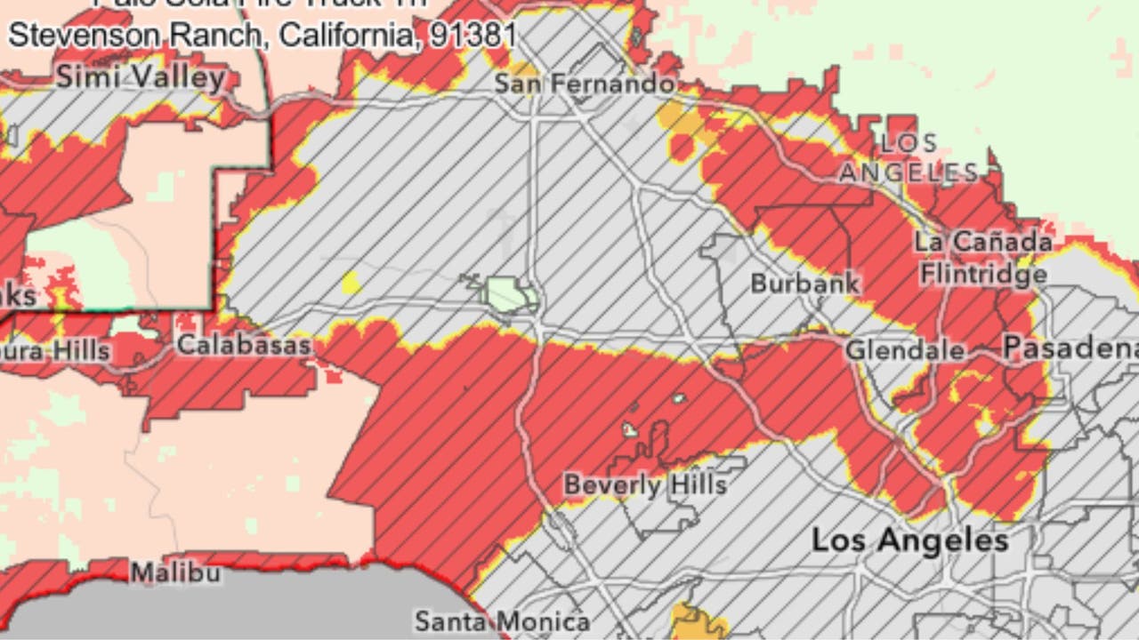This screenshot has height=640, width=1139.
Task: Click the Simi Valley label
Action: pyautogui.click(x=141, y=77)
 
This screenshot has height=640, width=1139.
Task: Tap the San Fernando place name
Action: pyautogui.click(x=584, y=84)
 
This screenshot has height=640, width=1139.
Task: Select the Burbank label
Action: pyautogui.click(x=805, y=284)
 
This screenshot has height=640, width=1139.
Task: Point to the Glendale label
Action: pyautogui.click(x=905, y=350)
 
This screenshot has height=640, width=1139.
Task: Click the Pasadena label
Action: pyautogui.click(x=1070, y=348)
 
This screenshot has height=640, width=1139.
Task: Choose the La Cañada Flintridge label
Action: pyautogui.click(x=983, y=257)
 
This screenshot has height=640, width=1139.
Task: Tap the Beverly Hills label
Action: pyautogui.click(x=645, y=485)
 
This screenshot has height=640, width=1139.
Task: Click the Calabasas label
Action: pyautogui.click(x=244, y=345)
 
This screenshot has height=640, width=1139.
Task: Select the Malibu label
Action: pyautogui.click(x=175, y=573)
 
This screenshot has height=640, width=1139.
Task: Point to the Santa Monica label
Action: pyautogui.click(x=503, y=620)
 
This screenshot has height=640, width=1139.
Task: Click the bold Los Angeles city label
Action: pyautogui.click(x=909, y=540)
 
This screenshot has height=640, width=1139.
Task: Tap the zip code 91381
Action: pyautogui.click(x=473, y=35)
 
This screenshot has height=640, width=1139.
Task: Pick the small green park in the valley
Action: pyautogui.click(x=507, y=293)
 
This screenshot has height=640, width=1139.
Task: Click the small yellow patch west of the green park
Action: pyautogui.click(x=351, y=284)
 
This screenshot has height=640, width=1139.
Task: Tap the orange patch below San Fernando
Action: pyautogui.click(x=673, y=116)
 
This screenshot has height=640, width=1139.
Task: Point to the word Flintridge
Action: pyautogui.click(x=983, y=274)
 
